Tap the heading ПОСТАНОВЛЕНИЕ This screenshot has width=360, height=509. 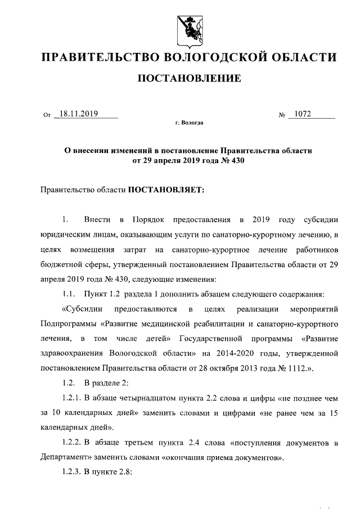click(190, 78)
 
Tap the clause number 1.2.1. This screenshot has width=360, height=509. click(71, 398)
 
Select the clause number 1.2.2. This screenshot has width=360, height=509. click(71, 442)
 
